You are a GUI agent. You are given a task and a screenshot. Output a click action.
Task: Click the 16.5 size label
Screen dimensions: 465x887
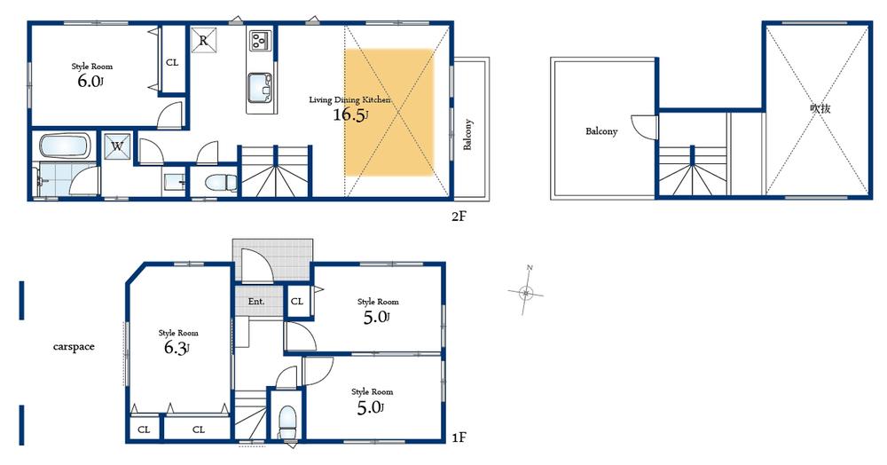pyautogui.click(x=351, y=115)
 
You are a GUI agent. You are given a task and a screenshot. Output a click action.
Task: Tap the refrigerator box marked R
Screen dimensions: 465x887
pyautogui.click(x=203, y=41)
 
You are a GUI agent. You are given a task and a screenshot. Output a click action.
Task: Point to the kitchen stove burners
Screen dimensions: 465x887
pyautogui.click(x=261, y=41)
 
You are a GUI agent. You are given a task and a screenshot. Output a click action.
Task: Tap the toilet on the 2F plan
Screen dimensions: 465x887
pyautogui.click(x=218, y=183)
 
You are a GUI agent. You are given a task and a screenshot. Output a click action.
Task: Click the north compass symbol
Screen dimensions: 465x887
pyautogui.click(x=527, y=291)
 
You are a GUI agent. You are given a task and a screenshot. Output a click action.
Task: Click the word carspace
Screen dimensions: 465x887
pyautogui.click(x=73, y=347)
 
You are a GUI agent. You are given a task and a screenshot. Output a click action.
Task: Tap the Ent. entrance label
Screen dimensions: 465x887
pyautogui.click(x=256, y=302)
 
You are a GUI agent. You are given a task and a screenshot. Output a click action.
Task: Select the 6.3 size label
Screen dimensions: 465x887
pyautogui.click(x=177, y=348)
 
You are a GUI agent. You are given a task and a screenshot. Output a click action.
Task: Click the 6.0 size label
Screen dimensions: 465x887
pyautogui.click(x=90, y=80)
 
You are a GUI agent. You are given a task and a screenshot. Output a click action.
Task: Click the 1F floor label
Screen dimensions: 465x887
pyautogui.click(x=459, y=437)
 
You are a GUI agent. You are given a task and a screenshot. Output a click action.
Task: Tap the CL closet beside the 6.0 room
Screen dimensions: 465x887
pyautogui.click(x=171, y=62)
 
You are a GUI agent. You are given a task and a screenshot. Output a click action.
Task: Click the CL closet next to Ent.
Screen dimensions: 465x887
pyautogui.click(x=297, y=302)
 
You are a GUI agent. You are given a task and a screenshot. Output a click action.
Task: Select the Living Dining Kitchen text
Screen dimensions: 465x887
pyautogui.click(x=349, y=99)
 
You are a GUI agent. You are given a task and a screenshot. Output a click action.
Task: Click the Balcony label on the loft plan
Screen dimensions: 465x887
pyautogui.click(x=600, y=131)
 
